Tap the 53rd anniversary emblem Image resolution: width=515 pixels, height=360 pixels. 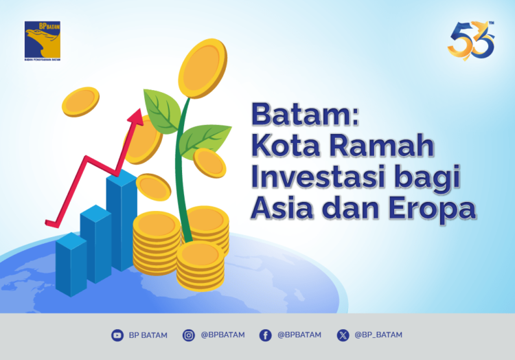(471, 41)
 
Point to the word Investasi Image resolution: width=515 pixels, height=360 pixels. (315, 177)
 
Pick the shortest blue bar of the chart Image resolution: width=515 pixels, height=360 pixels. (71, 265)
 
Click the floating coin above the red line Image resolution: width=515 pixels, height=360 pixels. (80, 102)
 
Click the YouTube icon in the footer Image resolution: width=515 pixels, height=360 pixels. (117, 335)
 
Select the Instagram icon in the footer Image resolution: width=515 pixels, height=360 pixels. (188, 335)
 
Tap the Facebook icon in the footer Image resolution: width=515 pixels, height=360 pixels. (265, 335)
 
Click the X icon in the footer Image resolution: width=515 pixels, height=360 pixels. (343, 335)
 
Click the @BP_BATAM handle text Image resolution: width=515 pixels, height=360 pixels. (378, 335)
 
